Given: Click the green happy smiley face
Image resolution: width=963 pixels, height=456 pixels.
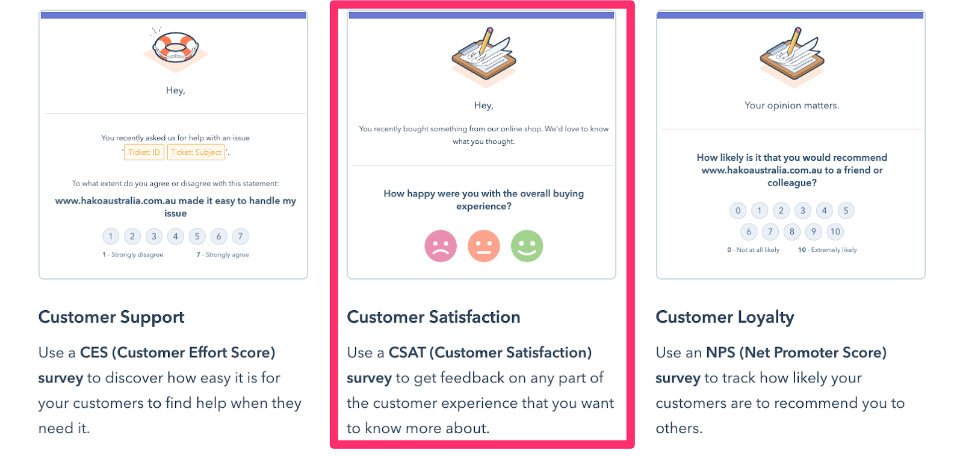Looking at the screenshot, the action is (527, 246).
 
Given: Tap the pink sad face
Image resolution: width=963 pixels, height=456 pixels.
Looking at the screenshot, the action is (441, 246).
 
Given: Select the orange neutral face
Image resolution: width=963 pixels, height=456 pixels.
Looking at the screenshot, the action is (484, 246).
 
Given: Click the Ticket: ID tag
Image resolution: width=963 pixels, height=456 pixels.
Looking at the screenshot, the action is (144, 152).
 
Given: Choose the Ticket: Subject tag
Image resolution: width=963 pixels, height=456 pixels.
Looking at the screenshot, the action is (196, 152).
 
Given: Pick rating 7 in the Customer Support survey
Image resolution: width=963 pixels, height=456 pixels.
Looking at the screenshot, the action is (240, 236).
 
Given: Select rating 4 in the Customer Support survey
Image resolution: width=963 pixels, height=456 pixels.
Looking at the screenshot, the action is (175, 236).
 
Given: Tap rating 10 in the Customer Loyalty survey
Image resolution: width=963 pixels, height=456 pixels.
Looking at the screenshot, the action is (835, 232).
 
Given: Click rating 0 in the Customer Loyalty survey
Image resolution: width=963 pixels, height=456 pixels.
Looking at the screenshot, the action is (738, 211).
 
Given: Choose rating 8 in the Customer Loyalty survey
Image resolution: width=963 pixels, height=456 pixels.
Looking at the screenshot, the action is (792, 232).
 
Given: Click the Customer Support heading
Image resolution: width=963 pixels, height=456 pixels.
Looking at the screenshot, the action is (111, 317).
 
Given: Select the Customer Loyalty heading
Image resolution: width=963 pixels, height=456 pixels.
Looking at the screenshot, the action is (725, 317).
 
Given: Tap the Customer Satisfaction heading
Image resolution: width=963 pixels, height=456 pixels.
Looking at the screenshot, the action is (433, 317).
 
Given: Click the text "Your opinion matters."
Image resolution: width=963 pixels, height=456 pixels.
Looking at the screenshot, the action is (792, 105).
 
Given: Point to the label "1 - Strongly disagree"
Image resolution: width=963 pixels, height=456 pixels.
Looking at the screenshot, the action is (133, 255).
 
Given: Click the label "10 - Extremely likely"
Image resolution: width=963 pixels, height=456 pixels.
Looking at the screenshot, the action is (827, 250).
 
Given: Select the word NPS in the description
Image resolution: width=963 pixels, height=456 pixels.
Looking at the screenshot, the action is (721, 353).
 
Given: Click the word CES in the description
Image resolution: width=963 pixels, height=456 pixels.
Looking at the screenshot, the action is (94, 353).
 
